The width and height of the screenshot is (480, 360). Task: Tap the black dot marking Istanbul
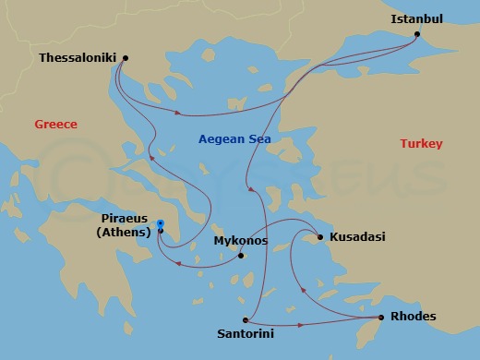[x=417, y=35]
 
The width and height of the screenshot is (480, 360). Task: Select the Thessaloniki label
[x=78, y=57]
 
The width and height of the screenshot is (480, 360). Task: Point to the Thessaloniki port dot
[x=125, y=58]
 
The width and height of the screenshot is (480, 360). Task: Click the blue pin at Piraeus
[x=160, y=223]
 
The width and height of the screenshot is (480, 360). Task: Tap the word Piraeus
[x=125, y=219]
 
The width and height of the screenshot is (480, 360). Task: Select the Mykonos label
[x=240, y=241]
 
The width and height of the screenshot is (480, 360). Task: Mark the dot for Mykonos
[x=240, y=255]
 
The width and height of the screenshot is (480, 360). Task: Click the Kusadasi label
[x=357, y=237]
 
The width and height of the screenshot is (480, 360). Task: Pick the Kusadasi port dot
[x=320, y=237]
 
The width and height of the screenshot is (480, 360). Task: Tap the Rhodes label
[x=414, y=317]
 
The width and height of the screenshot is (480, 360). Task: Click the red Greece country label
[x=55, y=125]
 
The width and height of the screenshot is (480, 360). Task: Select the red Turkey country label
[x=421, y=143]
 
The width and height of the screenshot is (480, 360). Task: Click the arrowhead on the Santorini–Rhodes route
[x=303, y=325]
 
